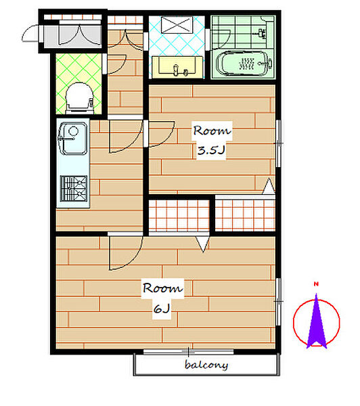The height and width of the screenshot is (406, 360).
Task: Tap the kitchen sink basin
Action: click(73, 138)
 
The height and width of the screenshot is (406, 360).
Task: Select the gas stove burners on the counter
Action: click(74, 189)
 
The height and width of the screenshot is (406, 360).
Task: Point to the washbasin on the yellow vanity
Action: click(178, 67)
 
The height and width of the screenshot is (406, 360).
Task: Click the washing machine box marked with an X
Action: click(177, 25)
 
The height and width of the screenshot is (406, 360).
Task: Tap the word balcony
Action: click(206, 365)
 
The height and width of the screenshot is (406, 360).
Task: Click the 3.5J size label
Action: click(211, 150)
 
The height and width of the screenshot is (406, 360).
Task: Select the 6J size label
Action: click(162, 309)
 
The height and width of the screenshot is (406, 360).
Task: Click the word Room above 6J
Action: click(162, 288)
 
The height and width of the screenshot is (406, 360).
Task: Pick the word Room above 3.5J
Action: click(212, 131)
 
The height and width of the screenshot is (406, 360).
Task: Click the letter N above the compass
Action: click(316, 284)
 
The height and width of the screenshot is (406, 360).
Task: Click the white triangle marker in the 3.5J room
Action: click(269, 186)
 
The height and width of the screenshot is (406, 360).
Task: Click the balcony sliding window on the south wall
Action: click(189, 352)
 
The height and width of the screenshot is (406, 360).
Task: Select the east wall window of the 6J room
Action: click(278, 302)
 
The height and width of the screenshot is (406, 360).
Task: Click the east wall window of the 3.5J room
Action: click(278, 143)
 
